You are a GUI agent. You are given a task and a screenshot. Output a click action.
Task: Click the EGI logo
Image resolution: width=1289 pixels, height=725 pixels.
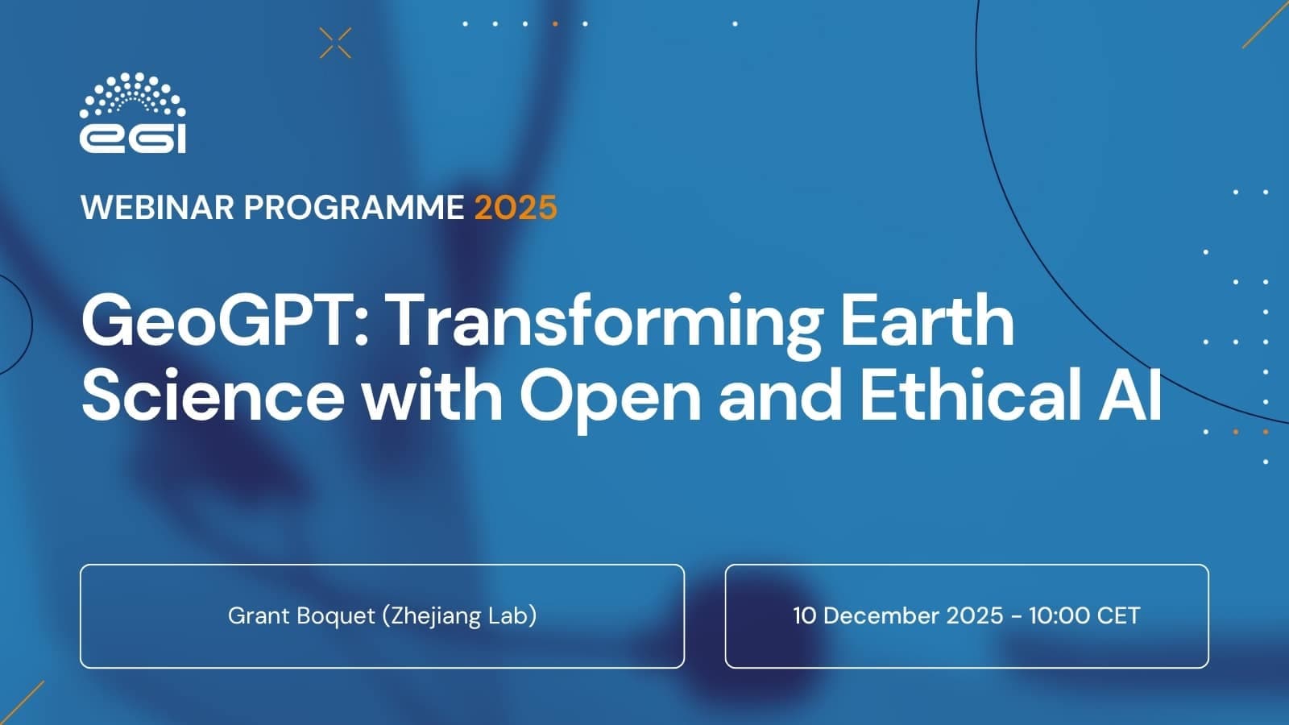132,113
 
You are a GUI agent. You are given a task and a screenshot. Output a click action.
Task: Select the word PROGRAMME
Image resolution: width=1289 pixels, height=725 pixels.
354,207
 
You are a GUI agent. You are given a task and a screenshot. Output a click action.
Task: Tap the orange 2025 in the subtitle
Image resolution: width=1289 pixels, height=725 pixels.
516,207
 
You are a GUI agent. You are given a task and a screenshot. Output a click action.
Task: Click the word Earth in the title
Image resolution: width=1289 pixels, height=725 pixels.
927,320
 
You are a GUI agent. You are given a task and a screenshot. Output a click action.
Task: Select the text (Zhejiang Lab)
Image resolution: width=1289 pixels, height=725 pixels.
460,616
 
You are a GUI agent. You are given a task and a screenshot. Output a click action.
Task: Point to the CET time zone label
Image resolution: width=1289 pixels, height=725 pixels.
1118,615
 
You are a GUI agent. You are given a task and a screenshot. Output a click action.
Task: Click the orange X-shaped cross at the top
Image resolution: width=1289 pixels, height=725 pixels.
335,43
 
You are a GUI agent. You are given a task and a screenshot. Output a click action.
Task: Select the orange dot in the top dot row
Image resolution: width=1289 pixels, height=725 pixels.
555,23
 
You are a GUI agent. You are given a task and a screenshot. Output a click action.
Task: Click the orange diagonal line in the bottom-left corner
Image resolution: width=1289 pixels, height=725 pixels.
22,702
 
